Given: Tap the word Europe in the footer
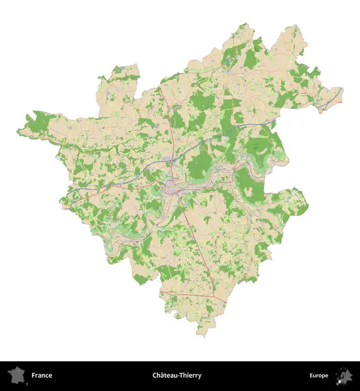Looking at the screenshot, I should coord(319,375).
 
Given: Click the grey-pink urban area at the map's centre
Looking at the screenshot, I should coord(173,188).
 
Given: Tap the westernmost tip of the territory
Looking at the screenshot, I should coord(18,132).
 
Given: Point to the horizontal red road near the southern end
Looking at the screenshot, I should coord(189,297).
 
